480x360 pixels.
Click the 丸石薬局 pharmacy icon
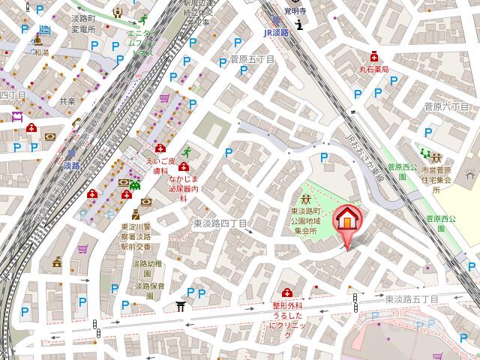tap(373, 56)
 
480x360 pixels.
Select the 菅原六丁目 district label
tap(445, 107)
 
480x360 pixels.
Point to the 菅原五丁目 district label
tap(252, 58)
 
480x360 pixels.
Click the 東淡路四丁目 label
tap(220, 223)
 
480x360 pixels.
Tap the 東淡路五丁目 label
tap(412, 298)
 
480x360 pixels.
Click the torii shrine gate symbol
tap(180, 306)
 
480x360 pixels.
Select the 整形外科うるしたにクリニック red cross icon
tap(286, 292)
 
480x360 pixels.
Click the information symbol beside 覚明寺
tap(300, 25)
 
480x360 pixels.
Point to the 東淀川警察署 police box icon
tap(136, 214)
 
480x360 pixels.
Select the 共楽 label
tap(67, 100)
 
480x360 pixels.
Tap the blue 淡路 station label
tap(71, 166)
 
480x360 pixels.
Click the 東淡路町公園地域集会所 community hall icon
tap(306, 199)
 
